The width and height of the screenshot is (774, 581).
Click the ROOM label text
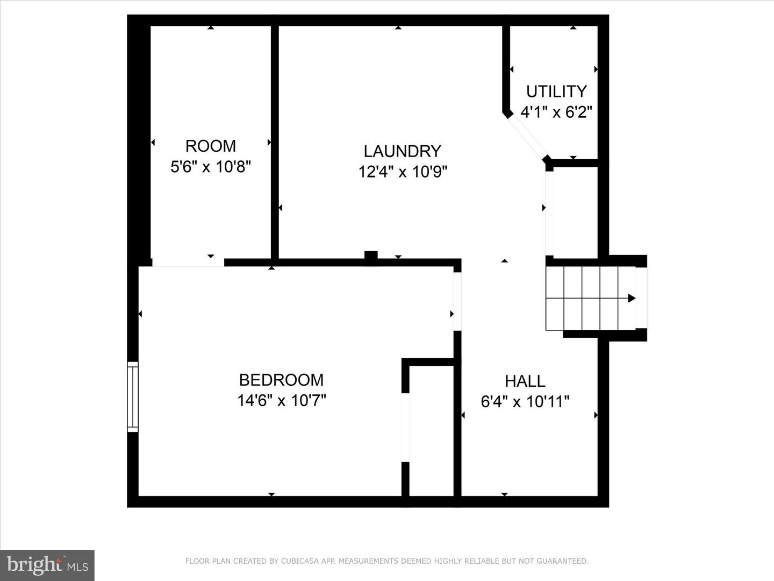(210, 146)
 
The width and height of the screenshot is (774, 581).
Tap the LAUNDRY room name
(402, 151)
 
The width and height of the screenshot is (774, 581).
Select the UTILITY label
(556, 91)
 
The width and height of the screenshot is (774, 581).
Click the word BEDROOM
(281, 380)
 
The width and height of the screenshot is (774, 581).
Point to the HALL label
(525, 381)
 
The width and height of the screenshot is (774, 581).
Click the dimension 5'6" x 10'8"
(211, 167)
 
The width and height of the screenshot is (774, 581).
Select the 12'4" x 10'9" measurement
(403, 172)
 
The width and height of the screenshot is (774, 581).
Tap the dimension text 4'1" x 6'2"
(556, 112)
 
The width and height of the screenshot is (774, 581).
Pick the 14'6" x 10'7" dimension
(282, 401)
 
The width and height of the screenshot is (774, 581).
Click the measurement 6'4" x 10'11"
(525, 401)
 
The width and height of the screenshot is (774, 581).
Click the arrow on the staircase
(631, 298)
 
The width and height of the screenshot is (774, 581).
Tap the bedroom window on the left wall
(132, 396)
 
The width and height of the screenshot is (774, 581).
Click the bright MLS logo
(47, 564)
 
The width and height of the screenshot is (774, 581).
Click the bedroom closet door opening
(406, 427)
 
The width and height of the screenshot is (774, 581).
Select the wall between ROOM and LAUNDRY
(274, 143)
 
